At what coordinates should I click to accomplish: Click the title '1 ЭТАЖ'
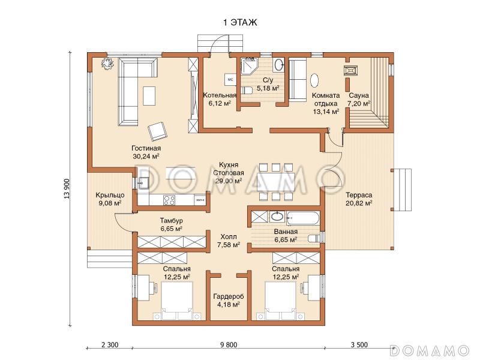pyautogui.click(x=240, y=22)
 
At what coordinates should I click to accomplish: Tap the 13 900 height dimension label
pyautogui.click(x=67, y=188)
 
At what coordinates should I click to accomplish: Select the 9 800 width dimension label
pyautogui.click(x=229, y=345)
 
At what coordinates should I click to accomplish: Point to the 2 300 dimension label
pyautogui.click(x=110, y=345)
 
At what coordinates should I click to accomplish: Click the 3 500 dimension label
pyautogui.click(x=359, y=345)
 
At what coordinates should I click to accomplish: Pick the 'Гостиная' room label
pyautogui.click(x=146, y=148)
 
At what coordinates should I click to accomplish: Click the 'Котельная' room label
pyautogui.click(x=220, y=95)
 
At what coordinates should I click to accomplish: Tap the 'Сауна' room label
pyautogui.click(x=359, y=95)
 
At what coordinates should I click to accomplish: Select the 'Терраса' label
pyautogui.click(x=359, y=194)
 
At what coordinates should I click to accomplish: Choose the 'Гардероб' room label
pyautogui.click(x=229, y=296)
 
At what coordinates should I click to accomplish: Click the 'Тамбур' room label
pyautogui.click(x=172, y=220)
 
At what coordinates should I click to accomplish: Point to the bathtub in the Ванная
pyautogui.click(x=303, y=218)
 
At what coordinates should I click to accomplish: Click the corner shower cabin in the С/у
pyautogui.click(x=249, y=66)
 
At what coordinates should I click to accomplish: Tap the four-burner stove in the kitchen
pyautogui.click(x=169, y=200)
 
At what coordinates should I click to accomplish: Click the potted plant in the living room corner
pyautogui.click(x=107, y=64)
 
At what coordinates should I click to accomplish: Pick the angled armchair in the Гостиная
pyautogui.click(x=158, y=131)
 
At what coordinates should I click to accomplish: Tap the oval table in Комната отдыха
pyautogui.click(x=314, y=80)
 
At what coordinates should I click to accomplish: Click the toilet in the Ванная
pyautogui.click(x=314, y=238)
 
